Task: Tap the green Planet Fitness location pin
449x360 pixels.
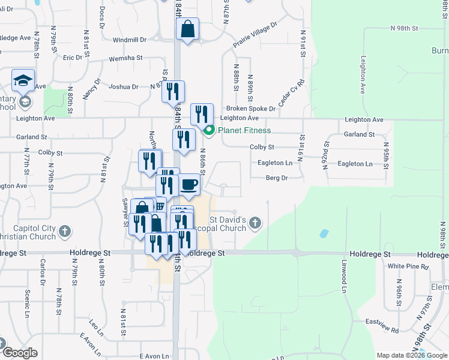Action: (x=209, y=130)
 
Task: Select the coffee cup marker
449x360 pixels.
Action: (x=189, y=185)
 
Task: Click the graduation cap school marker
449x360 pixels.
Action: (x=23, y=80)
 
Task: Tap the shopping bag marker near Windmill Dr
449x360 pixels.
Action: (x=187, y=29)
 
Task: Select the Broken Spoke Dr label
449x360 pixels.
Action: (x=250, y=109)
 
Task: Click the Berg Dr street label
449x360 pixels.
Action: (x=277, y=178)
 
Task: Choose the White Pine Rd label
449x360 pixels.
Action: (x=408, y=266)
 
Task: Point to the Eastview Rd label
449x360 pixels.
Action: (x=387, y=329)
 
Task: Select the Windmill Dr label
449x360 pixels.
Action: (x=129, y=40)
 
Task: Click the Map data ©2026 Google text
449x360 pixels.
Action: (x=411, y=355)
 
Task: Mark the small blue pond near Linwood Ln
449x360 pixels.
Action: (x=324, y=233)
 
